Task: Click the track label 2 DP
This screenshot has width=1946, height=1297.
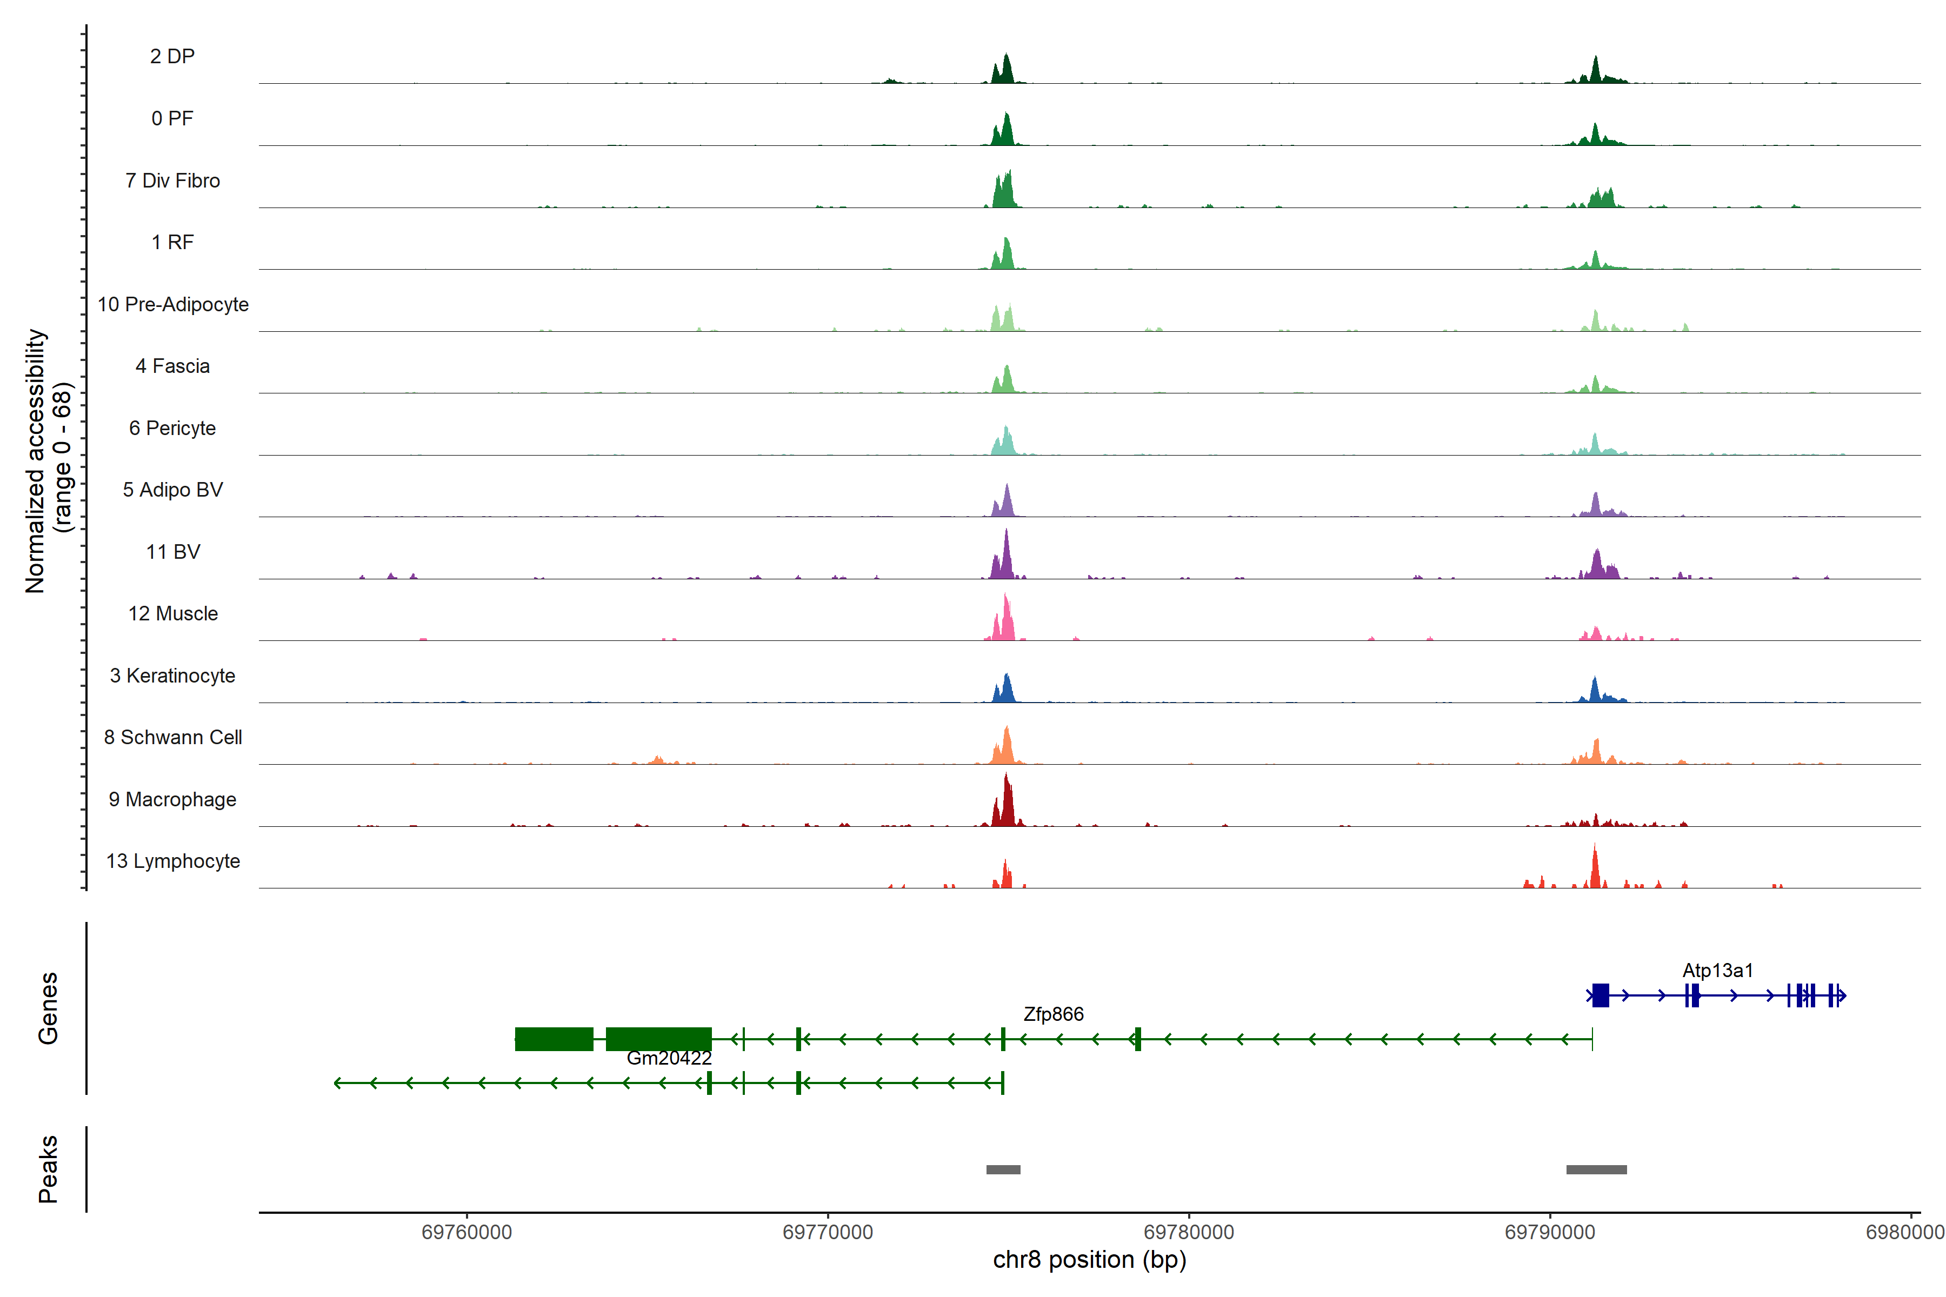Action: pyautogui.click(x=172, y=56)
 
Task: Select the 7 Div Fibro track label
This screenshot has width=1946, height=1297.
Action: pyautogui.click(x=172, y=180)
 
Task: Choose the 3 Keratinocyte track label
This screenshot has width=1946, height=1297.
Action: pyautogui.click(x=172, y=676)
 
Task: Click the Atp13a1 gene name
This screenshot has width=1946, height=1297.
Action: pyautogui.click(x=1718, y=970)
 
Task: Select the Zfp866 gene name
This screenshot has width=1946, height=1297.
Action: pyautogui.click(x=1053, y=1014)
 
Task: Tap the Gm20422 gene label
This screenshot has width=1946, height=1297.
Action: pyautogui.click(x=669, y=1058)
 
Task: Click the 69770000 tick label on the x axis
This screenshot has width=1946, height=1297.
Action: pyautogui.click(x=828, y=1232)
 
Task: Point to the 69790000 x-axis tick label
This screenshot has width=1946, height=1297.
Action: pyautogui.click(x=1550, y=1232)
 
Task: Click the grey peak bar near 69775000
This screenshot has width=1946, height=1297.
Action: pyautogui.click(x=1003, y=1169)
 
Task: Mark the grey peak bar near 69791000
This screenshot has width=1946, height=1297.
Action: pyautogui.click(x=1596, y=1169)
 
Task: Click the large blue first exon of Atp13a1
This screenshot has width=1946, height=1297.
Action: pyautogui.click(x=1600, y=995)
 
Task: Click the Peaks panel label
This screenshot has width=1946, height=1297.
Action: pyautogui.click(x=48, y=1169)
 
